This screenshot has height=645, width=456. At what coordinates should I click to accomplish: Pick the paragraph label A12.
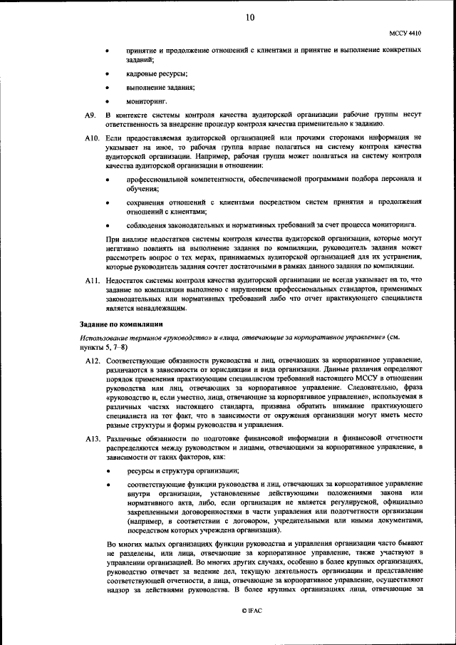[91, 361]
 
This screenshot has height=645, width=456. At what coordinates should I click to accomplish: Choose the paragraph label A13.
[91, 435]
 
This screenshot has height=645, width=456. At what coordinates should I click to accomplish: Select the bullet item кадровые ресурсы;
[157, 74]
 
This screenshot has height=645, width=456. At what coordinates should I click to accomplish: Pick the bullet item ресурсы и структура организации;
[183, 471]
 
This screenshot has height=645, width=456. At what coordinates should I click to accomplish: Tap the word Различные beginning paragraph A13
[125, 435]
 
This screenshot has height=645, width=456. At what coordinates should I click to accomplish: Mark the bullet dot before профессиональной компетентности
[108, 179]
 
